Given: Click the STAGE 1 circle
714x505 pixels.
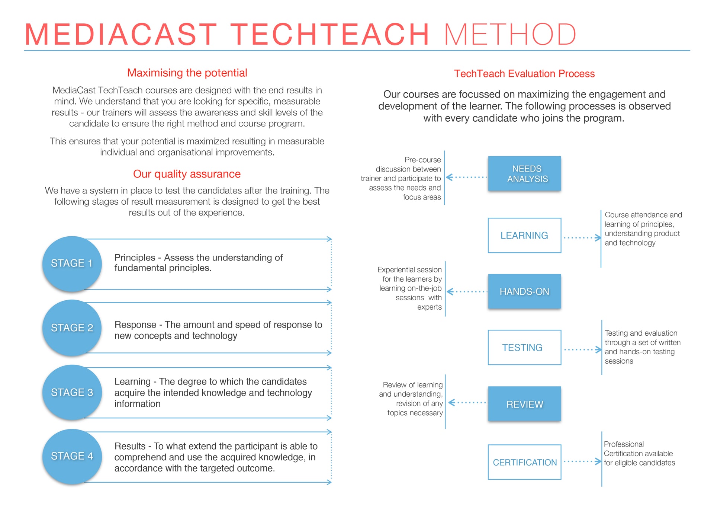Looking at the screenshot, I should (x=72, y=263).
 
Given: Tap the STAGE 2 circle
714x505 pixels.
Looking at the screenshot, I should (x=72, y=328).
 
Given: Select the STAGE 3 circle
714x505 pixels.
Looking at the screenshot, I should (x=72, y=392).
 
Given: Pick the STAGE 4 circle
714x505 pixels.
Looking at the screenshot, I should (x=72, y=456).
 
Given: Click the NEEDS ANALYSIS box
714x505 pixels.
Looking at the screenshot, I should (x=524, y=174).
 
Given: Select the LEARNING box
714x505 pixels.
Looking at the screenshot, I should (x=524, y=236).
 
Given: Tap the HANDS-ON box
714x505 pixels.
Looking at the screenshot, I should (x=524, y=291).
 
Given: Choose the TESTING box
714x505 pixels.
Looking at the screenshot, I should (x=524, y=348).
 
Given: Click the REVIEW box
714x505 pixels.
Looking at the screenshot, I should (x=524, y=404).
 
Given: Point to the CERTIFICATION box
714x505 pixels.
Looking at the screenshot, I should (x=524, y=462).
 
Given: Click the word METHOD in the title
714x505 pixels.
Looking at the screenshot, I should (x=510, y=35).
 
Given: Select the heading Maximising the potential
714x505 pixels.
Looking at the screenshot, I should (x=187, y=73).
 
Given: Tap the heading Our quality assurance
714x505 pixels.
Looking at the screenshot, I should (x=187, y=174).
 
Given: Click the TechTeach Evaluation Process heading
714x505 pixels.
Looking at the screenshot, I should (x=524, y=74).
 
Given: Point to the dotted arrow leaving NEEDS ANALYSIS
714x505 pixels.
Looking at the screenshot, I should (x=466, y=177).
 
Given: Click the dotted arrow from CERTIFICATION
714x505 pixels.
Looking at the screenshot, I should (x=582, y=461).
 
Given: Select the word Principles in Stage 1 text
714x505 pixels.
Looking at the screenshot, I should (x=135, y=258).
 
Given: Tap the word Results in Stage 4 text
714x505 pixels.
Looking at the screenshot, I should (x=130, y=446).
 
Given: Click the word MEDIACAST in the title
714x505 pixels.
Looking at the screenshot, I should (x=121, y=35).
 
